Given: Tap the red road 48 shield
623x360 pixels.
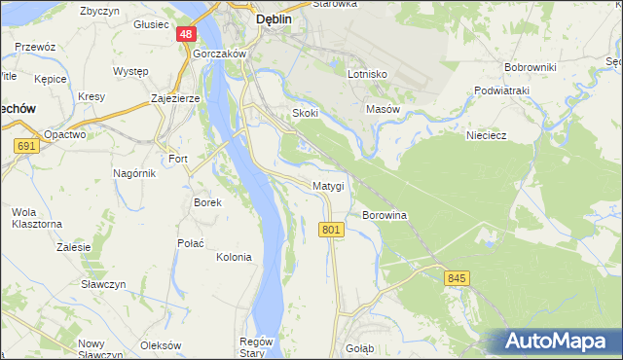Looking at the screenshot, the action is point(186,34).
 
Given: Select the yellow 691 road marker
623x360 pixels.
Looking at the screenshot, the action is point(26,146).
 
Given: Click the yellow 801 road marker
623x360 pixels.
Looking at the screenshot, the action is point(331,230).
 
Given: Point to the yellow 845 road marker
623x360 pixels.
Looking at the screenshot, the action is point(458,278).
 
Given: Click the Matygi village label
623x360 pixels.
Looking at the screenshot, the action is point(328,185).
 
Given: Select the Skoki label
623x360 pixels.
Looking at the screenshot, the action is point(306,114).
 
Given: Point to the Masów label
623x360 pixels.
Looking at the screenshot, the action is point(383,110).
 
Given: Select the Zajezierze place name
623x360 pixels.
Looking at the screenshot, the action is point(175,99).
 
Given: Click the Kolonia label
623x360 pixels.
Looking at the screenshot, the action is point(234,258).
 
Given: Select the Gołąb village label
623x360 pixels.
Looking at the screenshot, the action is point(359,347).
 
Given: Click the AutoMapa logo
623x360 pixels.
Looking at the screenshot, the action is point(555,342).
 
